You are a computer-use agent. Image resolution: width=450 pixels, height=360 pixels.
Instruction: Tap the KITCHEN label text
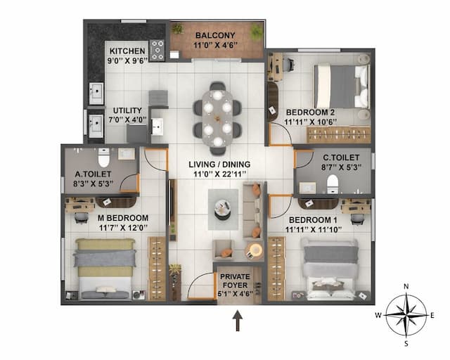(127, 51)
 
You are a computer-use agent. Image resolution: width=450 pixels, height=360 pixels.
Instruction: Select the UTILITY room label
(127, 110)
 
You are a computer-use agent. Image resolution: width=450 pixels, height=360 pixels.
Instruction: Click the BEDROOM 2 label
(310, 112)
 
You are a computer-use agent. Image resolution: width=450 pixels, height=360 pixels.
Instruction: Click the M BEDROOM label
(123, 217)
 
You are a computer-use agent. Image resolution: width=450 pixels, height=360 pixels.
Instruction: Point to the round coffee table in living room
(223, 207)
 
